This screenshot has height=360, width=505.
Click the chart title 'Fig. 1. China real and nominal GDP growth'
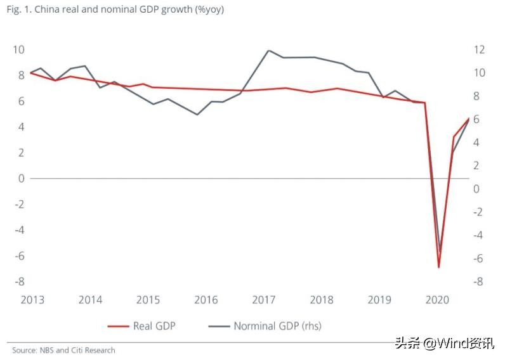117,10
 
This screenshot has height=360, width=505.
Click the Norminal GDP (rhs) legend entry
277,326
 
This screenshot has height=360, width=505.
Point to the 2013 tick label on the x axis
32,300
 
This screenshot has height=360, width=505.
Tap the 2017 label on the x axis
263,300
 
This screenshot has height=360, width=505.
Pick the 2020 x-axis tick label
437,300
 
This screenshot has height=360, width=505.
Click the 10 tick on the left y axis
18,49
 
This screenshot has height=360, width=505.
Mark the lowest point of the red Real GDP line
438,267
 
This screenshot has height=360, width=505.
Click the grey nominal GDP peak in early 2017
268,51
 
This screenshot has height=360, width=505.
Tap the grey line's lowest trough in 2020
440,252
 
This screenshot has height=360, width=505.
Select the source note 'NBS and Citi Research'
63,350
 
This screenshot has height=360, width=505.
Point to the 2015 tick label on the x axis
148,300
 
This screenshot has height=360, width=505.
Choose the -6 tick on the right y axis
479,259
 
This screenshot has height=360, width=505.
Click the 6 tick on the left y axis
21,101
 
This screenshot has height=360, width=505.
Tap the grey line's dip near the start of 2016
197,115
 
